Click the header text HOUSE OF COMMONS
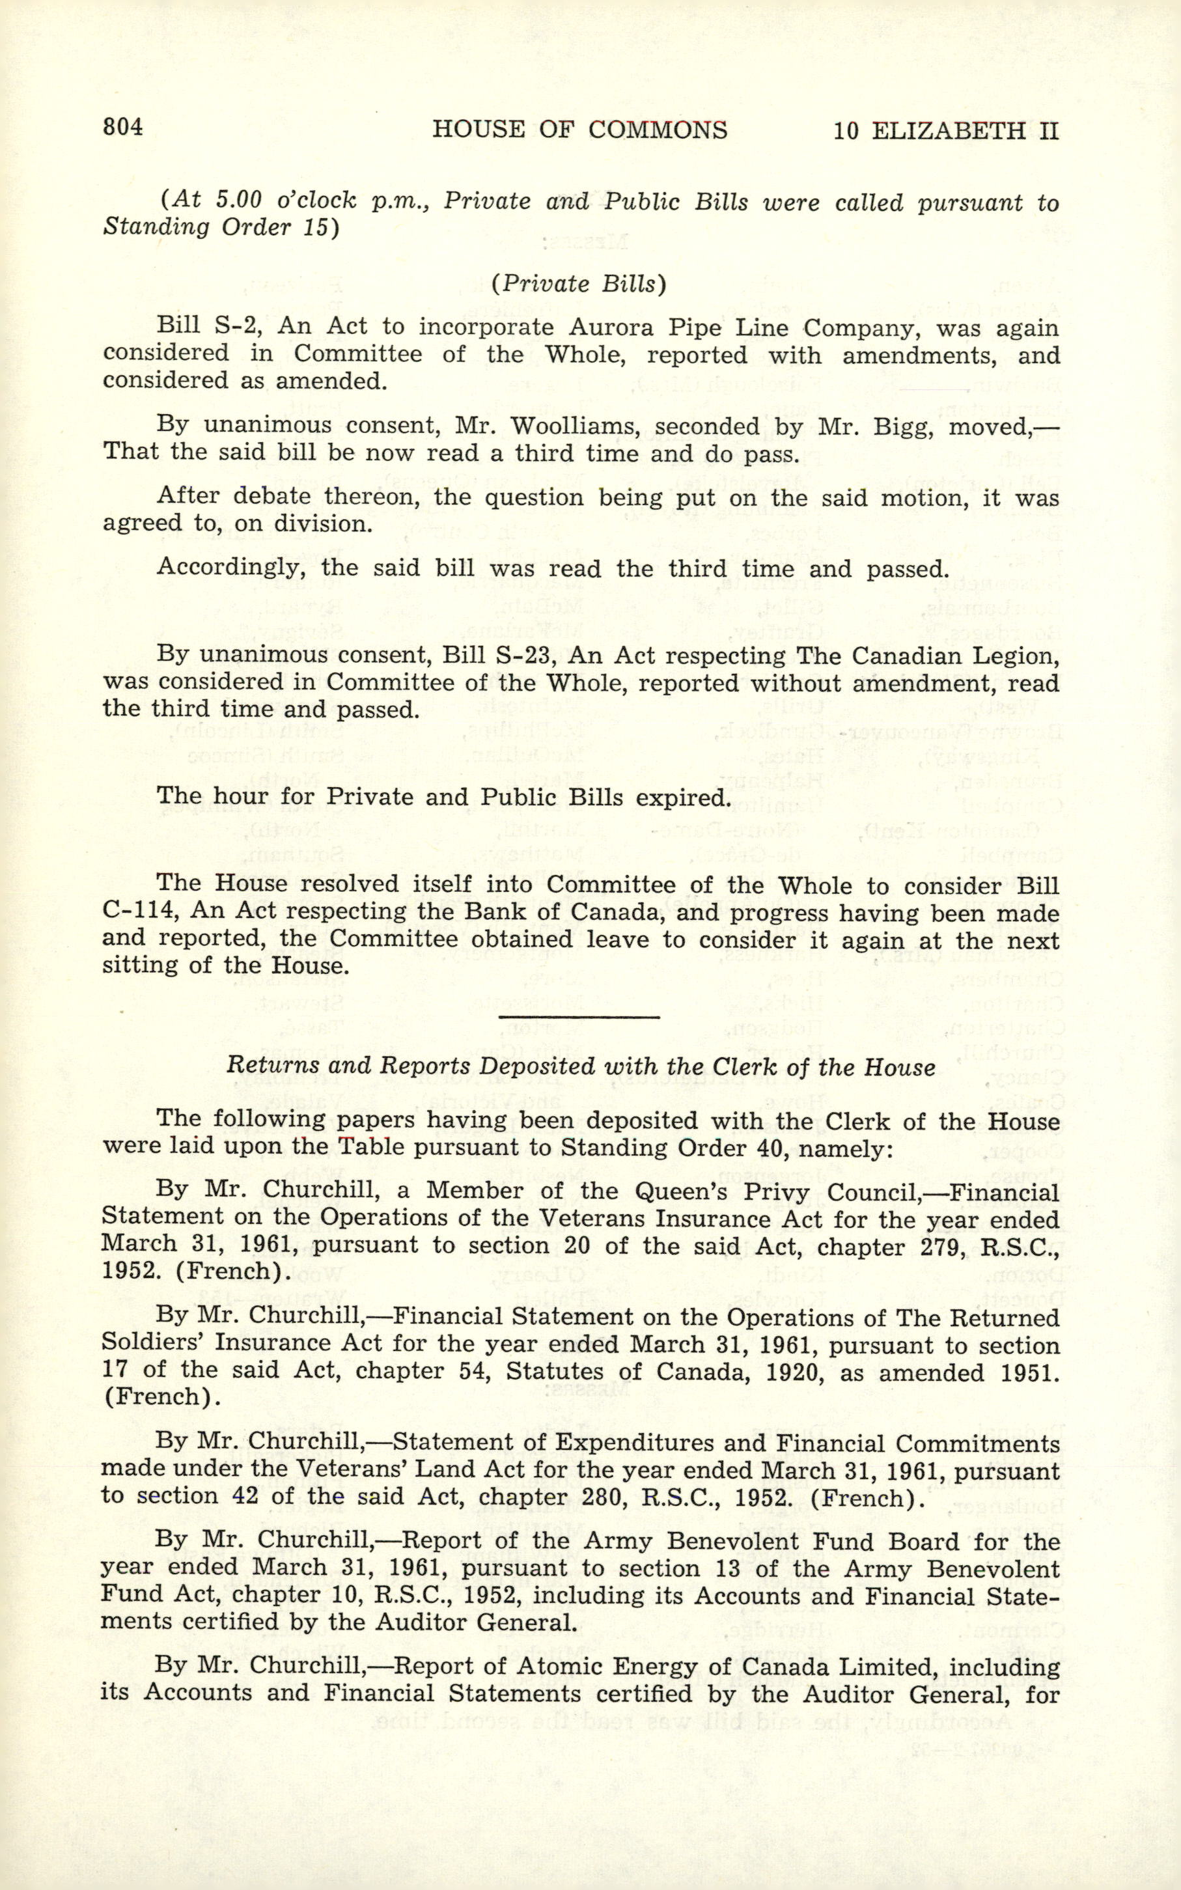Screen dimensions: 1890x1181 click(579, 129)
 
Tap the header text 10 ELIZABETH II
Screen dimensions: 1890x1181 click(945, 130)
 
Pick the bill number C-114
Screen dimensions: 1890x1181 click(137, 911)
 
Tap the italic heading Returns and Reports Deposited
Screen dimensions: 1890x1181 click(580, 1067)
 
